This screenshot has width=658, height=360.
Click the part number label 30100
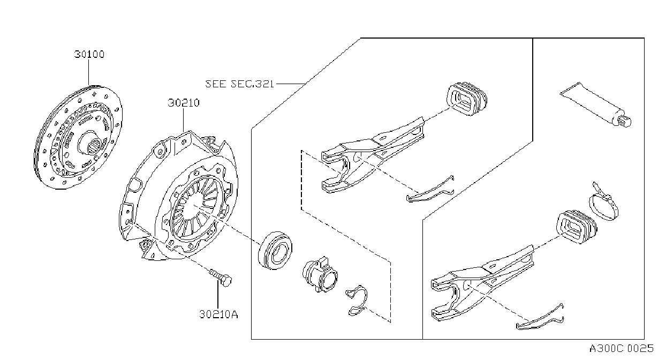89,54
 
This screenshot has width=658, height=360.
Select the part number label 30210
184,103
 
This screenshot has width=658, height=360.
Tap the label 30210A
218,314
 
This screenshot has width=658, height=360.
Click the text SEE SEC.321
239,84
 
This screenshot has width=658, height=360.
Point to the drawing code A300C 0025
622,349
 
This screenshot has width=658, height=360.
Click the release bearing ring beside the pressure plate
275,251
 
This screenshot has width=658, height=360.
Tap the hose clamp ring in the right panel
604,203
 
